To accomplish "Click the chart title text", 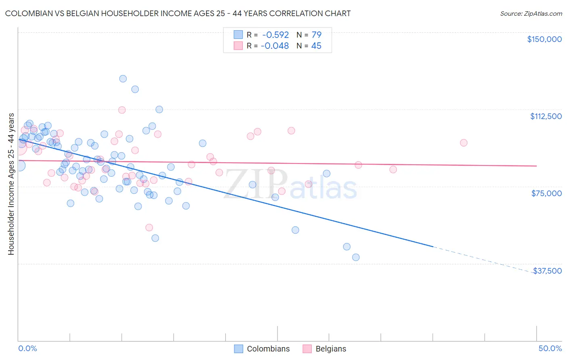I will click(178, 13).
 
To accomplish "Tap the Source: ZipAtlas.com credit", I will click(531, 13).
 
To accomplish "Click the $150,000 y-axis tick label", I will click(544, 39).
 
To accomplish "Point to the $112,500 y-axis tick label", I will click(546, 116).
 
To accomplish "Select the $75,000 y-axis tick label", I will click(546, 193).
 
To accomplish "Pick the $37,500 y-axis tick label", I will click(547, 271).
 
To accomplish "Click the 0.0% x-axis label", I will click(27, 348).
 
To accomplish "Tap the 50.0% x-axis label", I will click(550, 348).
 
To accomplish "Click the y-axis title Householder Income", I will click(11, 184).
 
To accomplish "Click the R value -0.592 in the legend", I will click(275, 35).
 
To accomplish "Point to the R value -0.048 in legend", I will click(275, 46).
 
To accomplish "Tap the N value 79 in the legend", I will click(316, 35).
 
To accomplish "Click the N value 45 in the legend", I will click(316, 46).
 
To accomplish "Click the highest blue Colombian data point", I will click(123, 79).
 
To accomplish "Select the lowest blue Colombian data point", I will click(356, 257).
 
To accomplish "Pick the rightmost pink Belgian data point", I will click(463, 143).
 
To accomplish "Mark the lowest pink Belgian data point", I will click(149, 228).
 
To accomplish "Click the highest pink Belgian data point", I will click(122, 110).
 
